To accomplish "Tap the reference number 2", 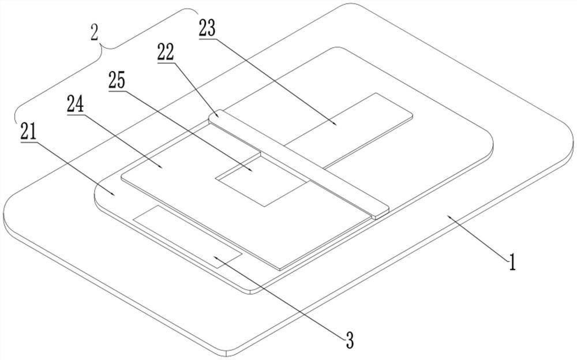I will [94, 32].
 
